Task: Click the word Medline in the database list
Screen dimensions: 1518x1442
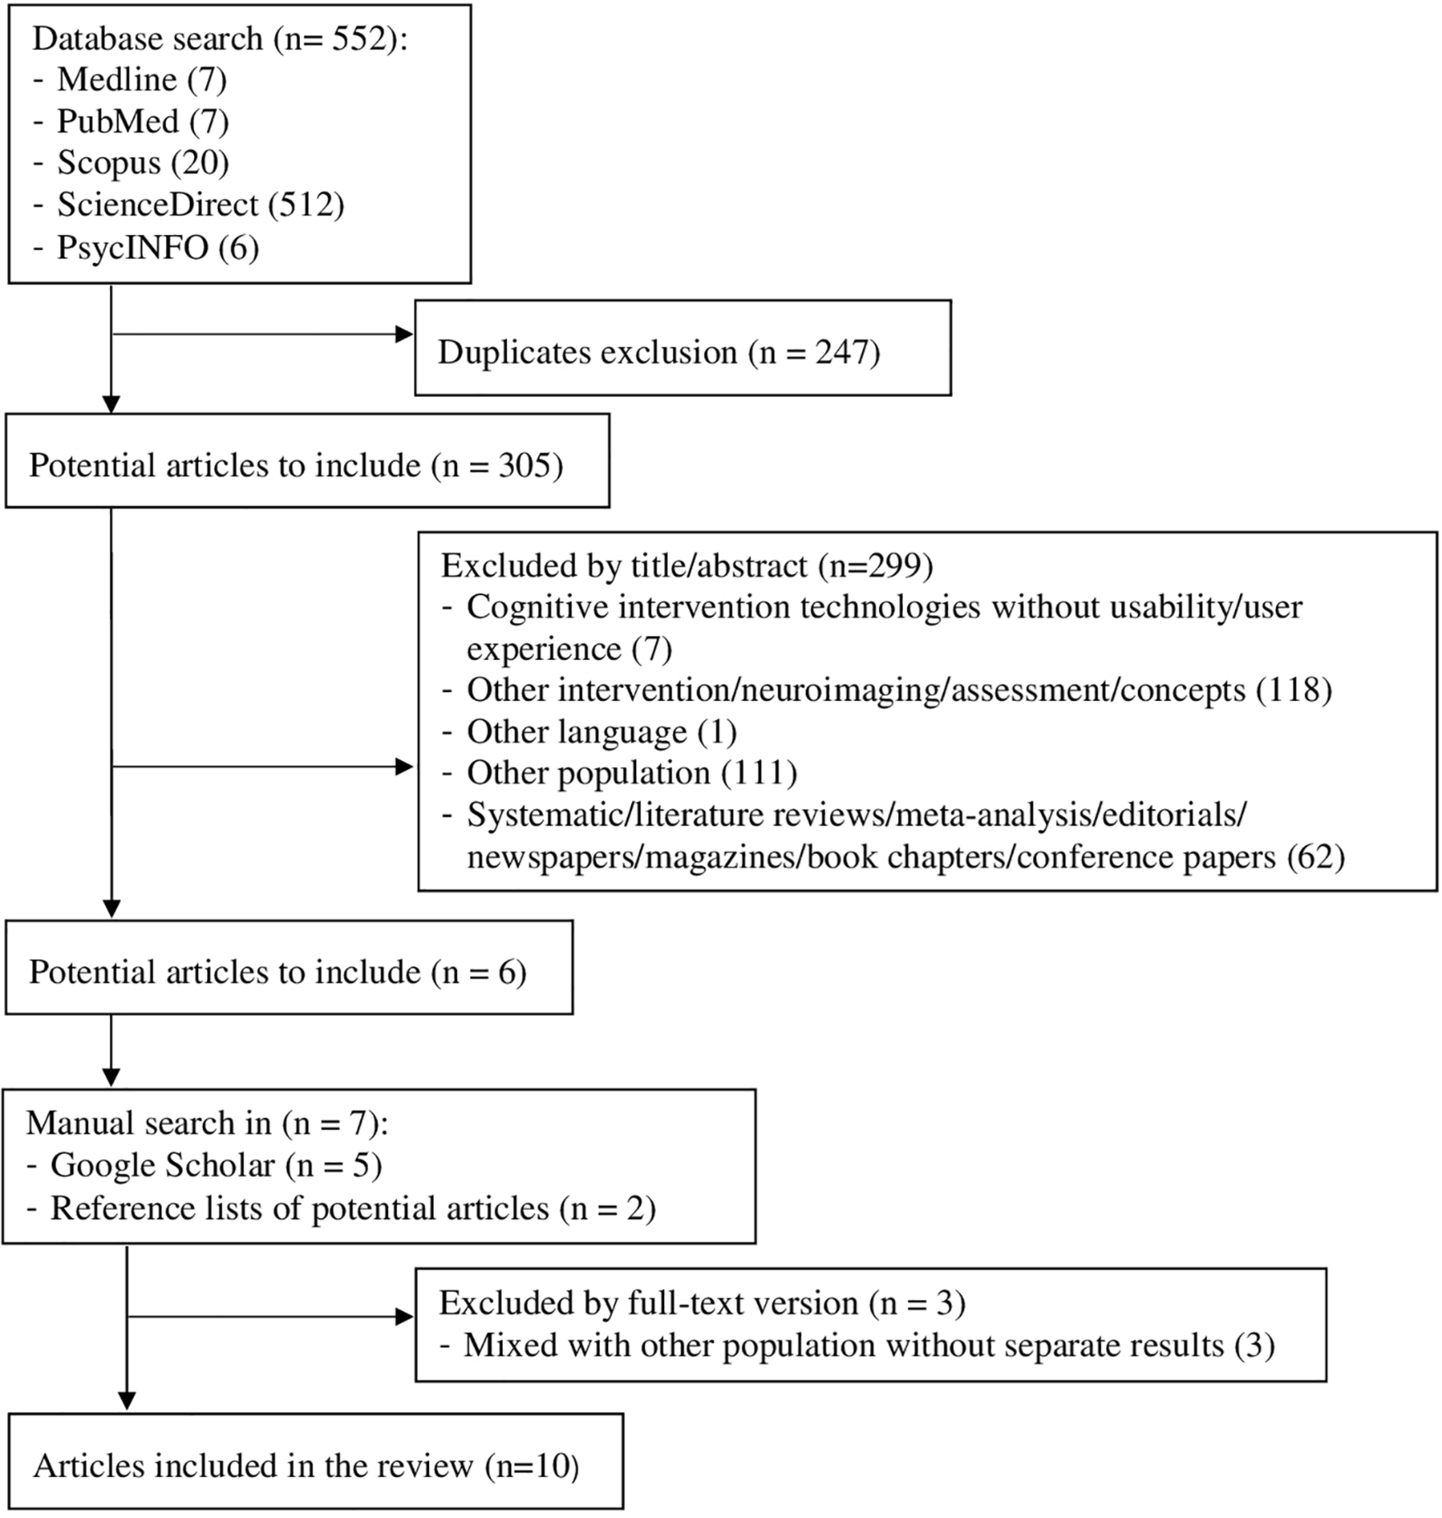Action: tap(117, 80)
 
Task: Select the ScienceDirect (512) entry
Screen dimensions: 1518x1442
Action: tap(200, 205)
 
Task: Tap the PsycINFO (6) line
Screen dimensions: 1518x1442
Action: tap(158, 248)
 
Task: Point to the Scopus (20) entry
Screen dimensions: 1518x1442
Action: tap(143, 163)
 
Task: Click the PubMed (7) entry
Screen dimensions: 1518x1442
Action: tap(143, 121)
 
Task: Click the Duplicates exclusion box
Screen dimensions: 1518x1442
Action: tap(682, 348)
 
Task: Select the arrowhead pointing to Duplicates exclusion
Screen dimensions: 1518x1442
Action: tap(404, 335)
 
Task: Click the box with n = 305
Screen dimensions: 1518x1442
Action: tap(307, 461)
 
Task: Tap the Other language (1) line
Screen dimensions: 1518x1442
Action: tap(601, 732)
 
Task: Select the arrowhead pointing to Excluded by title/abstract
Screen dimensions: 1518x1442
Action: tap(404, 766)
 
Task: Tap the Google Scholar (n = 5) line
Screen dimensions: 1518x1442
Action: tap(215, 1166)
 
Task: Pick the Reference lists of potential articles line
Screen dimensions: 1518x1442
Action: tap(352, 1209)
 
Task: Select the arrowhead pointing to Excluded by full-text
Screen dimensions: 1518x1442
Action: tap(404, 1316)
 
